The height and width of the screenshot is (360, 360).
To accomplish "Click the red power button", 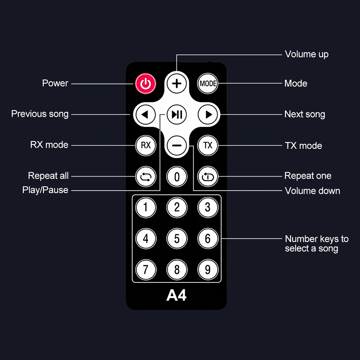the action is (146, 84).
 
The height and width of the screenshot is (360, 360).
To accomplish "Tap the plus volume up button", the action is (177, 83).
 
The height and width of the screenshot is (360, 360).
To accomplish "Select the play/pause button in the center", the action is (177, 114).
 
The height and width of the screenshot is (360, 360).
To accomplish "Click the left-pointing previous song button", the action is (146, 114).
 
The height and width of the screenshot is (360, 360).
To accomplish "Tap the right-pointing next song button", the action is (208, 114).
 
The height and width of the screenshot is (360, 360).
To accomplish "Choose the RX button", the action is (146, 145).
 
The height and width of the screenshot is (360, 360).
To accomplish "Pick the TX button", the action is (208, 145).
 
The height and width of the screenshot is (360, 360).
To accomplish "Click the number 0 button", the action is (177, 177).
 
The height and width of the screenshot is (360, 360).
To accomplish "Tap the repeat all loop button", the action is (146, 177).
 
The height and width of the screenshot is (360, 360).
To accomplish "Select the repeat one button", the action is (208, 177).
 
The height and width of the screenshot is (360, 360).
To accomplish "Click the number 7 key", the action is (146, 270).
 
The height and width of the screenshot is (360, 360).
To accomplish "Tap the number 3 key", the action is (208, 207).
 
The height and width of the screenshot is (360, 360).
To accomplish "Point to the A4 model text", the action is (176, 295).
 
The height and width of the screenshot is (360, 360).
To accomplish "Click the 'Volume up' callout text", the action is (307, 54).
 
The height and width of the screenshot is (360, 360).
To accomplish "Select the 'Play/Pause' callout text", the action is (45, 190).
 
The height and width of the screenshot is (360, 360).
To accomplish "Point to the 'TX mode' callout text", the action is (303, 146).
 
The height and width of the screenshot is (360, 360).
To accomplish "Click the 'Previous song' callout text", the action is (40, 114).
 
